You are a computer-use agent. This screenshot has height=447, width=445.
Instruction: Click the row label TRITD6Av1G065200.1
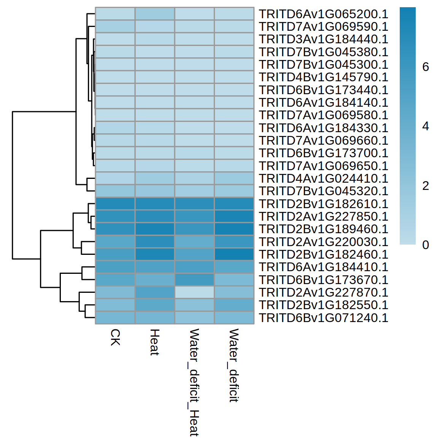[323, 14]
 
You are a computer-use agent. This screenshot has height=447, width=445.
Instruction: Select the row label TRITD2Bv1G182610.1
[323, 204]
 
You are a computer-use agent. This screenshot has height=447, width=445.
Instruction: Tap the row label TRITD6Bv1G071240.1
[323, 318]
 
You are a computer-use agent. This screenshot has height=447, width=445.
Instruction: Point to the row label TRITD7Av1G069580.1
[323, 115]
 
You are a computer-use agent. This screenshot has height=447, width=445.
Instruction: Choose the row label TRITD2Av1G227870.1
[323, 292]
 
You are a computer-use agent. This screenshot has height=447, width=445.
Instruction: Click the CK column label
[115, 337]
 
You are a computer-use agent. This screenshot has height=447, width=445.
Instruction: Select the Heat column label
[154, 342]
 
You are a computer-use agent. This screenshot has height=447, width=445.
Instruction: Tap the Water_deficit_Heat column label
[194, 382]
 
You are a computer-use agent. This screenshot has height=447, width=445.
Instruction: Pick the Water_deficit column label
[234, 365]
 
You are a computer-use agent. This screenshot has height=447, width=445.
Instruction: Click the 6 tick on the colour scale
[426, 67]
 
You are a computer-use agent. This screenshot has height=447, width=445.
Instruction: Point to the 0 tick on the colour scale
[426, 245]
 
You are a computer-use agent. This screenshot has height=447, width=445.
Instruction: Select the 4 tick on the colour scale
[426, 126]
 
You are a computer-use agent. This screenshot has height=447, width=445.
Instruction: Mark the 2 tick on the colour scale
[426, 186]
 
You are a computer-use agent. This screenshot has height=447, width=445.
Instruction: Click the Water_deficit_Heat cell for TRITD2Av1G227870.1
[194, 292]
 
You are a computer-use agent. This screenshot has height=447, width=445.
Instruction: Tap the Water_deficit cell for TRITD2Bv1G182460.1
[234, 254]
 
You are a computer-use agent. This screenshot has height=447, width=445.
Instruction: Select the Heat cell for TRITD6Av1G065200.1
[155, 14]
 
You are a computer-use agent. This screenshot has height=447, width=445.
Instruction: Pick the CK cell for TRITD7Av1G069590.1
[115, 27]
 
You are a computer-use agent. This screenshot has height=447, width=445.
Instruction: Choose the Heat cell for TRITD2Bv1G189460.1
[155, 229]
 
